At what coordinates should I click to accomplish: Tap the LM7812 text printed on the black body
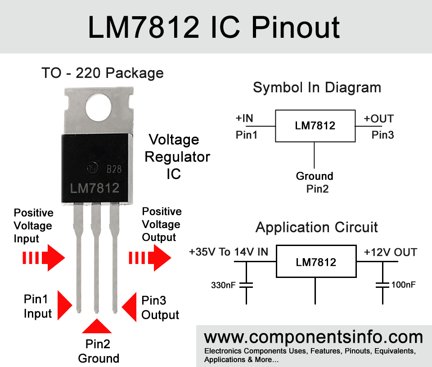pyautogui.click(x=94, y=188)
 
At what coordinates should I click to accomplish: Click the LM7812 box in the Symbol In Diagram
pyautogui.click(x=315, y=125)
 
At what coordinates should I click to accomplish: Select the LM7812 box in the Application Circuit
pyautogui.click(x=316, y=262)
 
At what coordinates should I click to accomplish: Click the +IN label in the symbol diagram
pyautogui.click(x=244, y=119)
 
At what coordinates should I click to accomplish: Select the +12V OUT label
pyautogui.click(x=390, y=252)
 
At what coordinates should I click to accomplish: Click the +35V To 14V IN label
pyautogui.click(x=229, y=252)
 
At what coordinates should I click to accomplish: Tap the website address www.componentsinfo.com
pyautogui.click(x=313, y=337)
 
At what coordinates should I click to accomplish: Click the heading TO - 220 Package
pyautogui.click(x=102, y=73)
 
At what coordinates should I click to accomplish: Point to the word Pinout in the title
pyautogui.click(x=296, y=27)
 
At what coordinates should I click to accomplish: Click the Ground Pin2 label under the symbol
pyautogui.click(x=315, y=182)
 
